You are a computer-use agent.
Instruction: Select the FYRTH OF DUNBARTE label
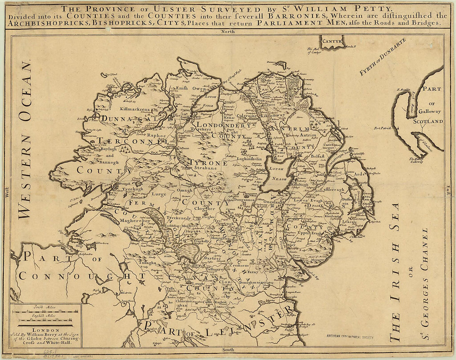point(382,57)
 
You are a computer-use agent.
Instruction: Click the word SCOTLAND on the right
point(428,121)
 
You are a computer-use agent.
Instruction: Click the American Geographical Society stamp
point(349,337)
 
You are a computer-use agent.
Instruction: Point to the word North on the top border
point(228,31)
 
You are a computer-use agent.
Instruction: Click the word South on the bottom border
point(228,350)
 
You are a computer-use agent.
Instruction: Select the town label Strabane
point(206,168)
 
